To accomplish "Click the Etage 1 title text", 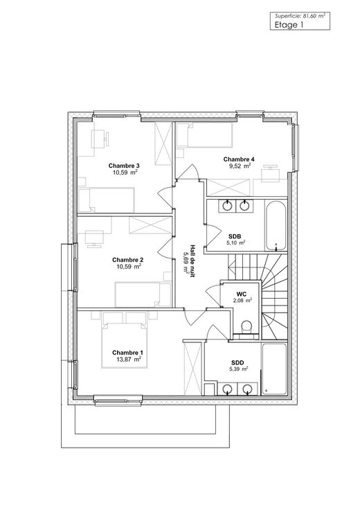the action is click(x=289, y=25).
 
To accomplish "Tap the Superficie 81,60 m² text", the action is click(x=300, y=16).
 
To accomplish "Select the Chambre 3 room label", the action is click(x=124, y=166).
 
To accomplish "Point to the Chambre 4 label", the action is click(x=239, y=159).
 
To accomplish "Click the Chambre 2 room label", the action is click(x=127, y=260).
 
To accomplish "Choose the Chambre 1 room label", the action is click(x=127, y=353).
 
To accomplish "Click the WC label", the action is click(x=242, y=294).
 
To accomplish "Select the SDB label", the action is click(x=235, y=236).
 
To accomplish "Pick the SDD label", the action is click(x=237, y=362).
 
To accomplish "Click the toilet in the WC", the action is click(x=247, y=327).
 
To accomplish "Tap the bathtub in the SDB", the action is click(x=276, y=225).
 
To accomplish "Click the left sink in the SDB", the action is click(x=227, y=205).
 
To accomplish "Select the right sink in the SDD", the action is click(x=248, y=388).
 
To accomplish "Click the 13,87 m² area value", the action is click(x=128, y=360).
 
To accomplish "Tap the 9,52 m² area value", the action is click(x=240, y=166).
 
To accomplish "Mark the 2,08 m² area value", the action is click(x=242, y=301).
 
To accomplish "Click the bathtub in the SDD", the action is click(x=274, y=369).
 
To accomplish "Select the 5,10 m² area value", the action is click(x=235, y=243).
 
